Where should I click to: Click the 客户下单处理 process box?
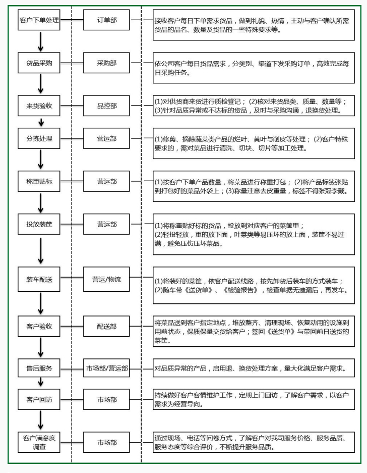[39, 20]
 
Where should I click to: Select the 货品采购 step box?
[39, 63]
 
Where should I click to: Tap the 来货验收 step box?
[39, 106]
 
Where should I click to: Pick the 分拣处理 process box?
[39, 138]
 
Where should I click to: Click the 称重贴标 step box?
[39, 181]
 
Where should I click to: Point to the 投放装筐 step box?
[39, 224]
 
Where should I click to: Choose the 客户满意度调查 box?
[39, 442]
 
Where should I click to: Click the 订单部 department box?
[106, 20]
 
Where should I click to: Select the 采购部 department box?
[106, 63]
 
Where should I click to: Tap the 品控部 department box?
[106, 106]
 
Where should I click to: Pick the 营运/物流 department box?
[106, 279]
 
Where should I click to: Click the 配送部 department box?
[106, 326]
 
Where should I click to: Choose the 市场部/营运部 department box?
[106, 367]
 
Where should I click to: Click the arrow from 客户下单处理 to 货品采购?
[41, 41]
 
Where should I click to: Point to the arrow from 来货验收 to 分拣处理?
[41, 122]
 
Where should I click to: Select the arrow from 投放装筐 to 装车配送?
[41, 250]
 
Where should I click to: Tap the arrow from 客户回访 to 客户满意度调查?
[41, 420]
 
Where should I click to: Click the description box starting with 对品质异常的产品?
[254, 367]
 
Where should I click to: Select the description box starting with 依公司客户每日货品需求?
[254, 68]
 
